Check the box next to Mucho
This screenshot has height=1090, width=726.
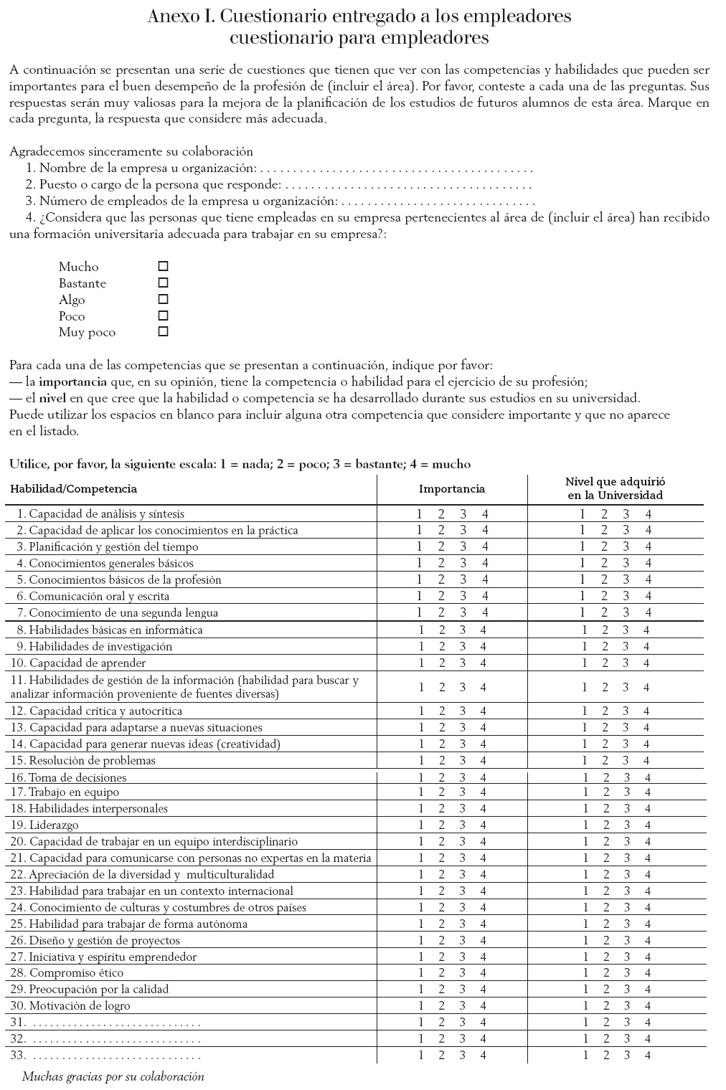tap(163, 266)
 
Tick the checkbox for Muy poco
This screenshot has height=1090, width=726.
tap(163, 331)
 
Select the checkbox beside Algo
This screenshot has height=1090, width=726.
tap(163, 299)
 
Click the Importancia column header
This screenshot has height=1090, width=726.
tap(452, 489)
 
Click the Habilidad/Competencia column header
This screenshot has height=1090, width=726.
tap(73, 489)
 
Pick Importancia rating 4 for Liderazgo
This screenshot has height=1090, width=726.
tap(484, 825)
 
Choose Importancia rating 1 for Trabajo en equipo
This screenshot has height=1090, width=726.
tap(421, 792)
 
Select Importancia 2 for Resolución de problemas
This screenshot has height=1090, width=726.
tap(442, 760)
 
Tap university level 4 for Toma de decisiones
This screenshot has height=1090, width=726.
tap(649, 777)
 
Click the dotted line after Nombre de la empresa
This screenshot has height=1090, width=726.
tap(395, 170)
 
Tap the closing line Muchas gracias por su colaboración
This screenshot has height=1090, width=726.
tap(113, 1076)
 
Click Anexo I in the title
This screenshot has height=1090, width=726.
tap(175, 16)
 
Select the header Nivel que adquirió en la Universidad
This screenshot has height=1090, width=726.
tap(615, 488)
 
